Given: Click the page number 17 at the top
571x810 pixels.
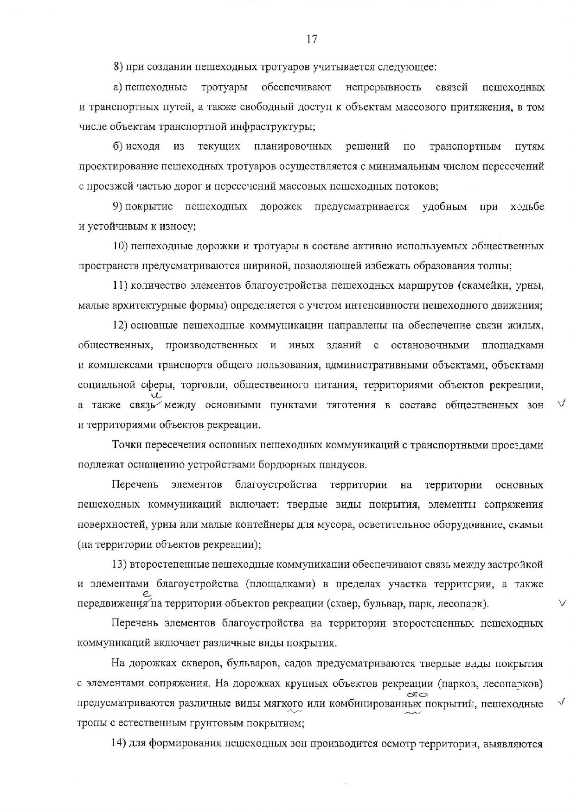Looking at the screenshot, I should pyautogui.click(x=312, y=39).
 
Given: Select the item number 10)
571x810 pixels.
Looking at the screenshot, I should pyautogui.click(x=120, y=246).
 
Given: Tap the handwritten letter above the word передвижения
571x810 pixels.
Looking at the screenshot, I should pyautogui.click(x=147, y=594).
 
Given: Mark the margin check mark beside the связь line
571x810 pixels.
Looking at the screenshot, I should pyautogui.click(x=561, y=405).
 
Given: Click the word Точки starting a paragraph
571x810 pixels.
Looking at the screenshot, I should pyautogui.click(x=127, y=445).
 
